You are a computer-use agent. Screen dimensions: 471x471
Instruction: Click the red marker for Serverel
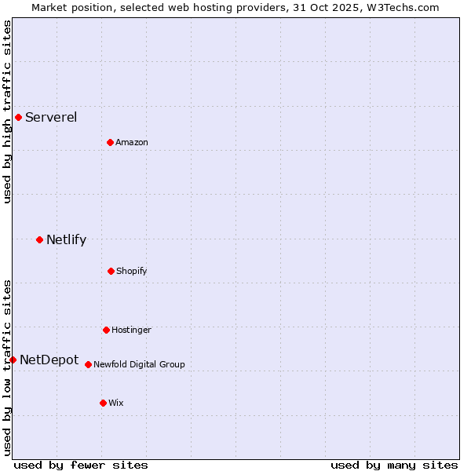coord(18,118)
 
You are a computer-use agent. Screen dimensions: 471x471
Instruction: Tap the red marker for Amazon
coord(110,142)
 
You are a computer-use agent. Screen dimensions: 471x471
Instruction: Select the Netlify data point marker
coord(39,239)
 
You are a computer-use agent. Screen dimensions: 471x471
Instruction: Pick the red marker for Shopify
coord(111,271)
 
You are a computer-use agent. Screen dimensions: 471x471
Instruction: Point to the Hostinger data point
coord(106,330)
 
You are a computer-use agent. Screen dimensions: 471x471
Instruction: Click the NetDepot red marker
coord(13,360)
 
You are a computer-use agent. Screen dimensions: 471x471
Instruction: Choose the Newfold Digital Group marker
coord(88,364)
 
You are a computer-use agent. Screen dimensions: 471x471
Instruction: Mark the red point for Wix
coord(103,403)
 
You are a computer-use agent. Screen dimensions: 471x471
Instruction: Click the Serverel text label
coord(51,118)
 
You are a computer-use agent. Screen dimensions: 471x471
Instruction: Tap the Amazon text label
coord(132,143)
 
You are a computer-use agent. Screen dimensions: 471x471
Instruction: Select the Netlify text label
coord(66,240)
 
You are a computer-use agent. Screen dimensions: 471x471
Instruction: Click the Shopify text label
coord(132,272)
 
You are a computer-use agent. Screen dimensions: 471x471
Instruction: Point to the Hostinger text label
coord(131,330)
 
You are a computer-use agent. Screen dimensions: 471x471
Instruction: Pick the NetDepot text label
coord(49,360)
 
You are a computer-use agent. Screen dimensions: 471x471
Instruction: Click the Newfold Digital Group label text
coord(139,365)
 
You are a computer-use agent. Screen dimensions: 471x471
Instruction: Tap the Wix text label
coord(116,403)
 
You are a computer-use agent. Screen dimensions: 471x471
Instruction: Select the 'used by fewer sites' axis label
coord(81,466)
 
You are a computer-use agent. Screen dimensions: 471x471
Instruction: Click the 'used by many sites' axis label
coord(394,466)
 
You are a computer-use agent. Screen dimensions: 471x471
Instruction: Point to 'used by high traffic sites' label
coord(7,112)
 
